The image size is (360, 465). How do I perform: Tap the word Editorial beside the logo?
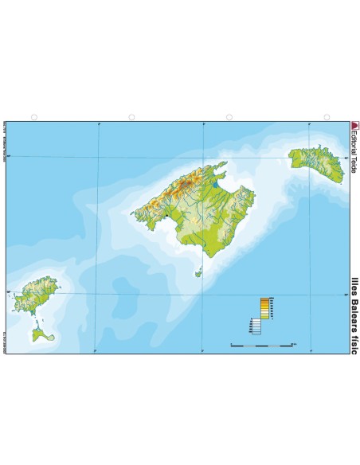pos(355,144)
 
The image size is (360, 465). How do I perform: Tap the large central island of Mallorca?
pos(199,211)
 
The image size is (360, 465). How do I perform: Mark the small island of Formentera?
pos(41,334)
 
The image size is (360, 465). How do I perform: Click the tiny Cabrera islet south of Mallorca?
pos(199,274)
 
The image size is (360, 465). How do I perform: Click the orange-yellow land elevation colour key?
pos(264,307)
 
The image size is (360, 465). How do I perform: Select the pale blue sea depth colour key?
pos(256,326)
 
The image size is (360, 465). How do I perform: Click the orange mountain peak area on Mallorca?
pos(187,186)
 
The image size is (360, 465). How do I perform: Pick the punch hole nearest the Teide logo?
pos(327,117)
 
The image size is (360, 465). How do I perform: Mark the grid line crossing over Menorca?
pos(307,158)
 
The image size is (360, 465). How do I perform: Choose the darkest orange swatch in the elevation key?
pos(264,299)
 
